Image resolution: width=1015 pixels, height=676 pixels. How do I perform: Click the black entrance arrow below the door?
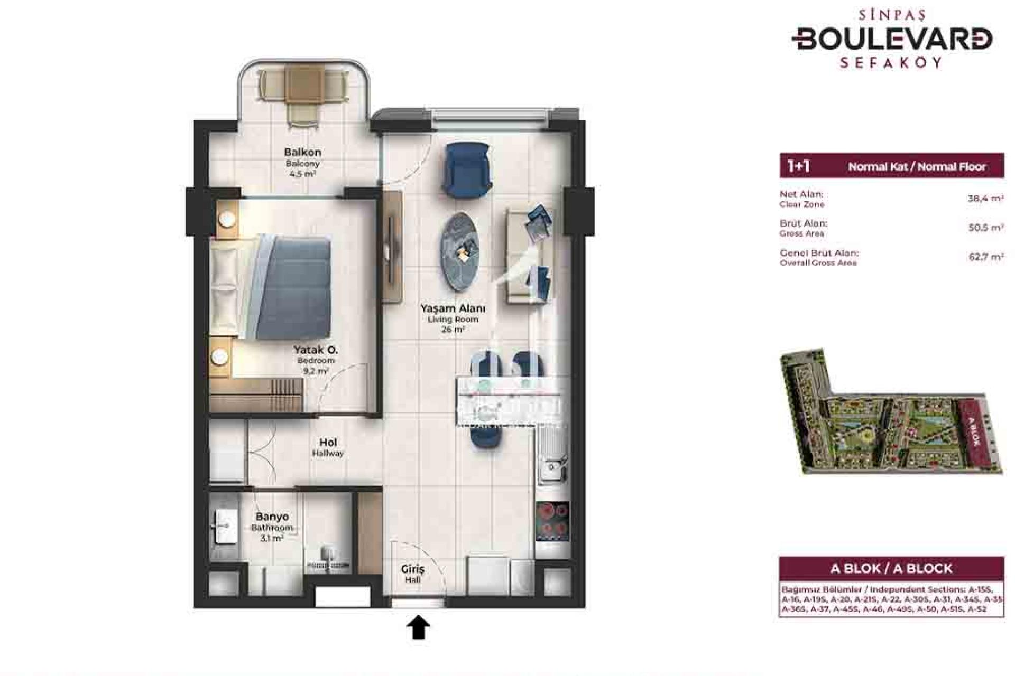(x=418, y=627)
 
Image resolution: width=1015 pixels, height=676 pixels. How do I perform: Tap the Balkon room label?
(x=302, y=152)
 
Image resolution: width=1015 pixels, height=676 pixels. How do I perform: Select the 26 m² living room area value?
(x=453, y=330)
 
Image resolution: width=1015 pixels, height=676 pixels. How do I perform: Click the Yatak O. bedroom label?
(x=316, y=350)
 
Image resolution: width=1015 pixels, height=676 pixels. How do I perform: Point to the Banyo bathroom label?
(x=272, y=517)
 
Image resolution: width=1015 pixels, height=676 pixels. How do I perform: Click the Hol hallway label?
(x=328, y=443)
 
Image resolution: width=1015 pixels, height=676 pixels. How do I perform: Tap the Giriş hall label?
(x=412, y=569)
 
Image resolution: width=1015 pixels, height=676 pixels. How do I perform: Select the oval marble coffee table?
(x=459, y=252)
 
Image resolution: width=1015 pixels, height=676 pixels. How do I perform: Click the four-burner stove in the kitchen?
(x=552, y=521)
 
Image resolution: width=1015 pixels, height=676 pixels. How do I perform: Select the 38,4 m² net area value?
(x=985, y=199)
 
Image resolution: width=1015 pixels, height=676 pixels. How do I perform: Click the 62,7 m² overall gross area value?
(x=985, y=257)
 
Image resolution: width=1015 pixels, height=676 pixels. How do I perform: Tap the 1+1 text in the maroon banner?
(x=798, y=166)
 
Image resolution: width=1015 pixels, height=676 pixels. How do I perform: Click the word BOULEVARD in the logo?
(x=892, y=39)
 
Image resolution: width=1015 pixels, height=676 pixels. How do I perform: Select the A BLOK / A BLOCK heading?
(x=891, y=568)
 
